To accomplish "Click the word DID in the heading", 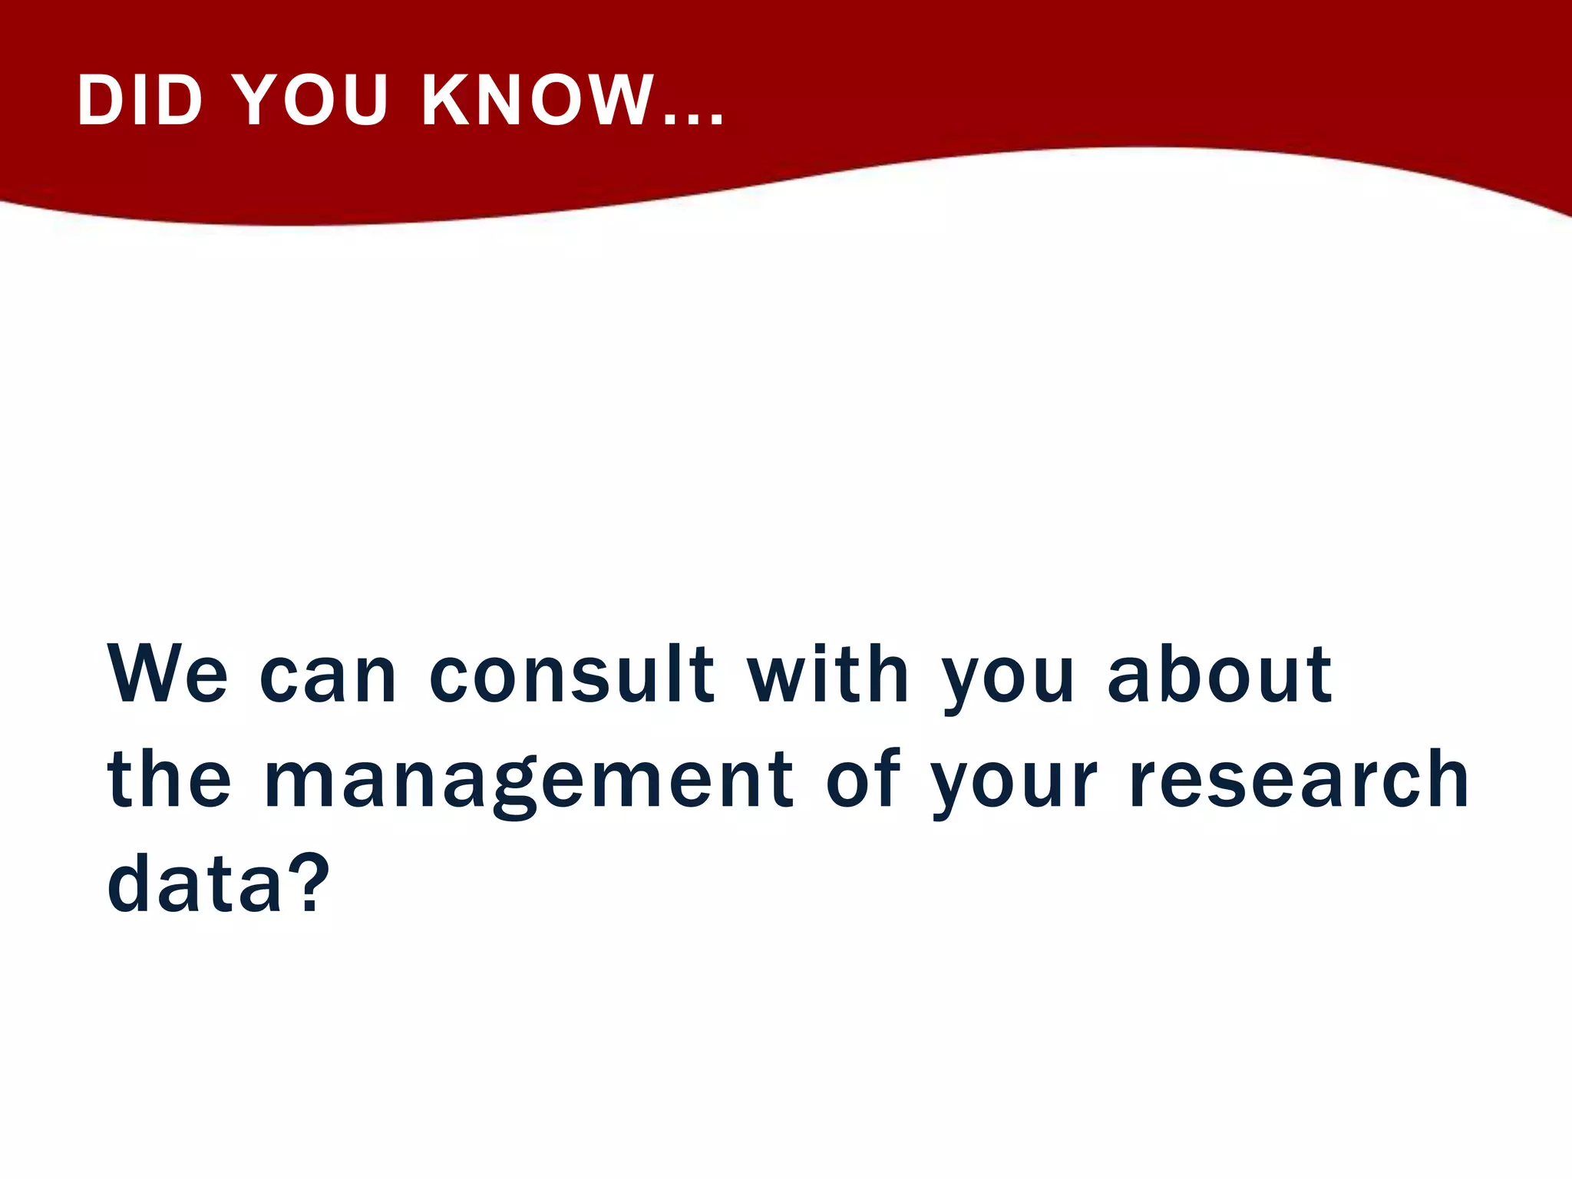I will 140,101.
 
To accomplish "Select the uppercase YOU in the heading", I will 311,101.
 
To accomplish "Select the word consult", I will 572,675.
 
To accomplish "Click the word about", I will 1219,675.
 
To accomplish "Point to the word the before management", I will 169,780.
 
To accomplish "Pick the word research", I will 1300,780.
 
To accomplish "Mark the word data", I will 195,884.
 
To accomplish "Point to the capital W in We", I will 144,675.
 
